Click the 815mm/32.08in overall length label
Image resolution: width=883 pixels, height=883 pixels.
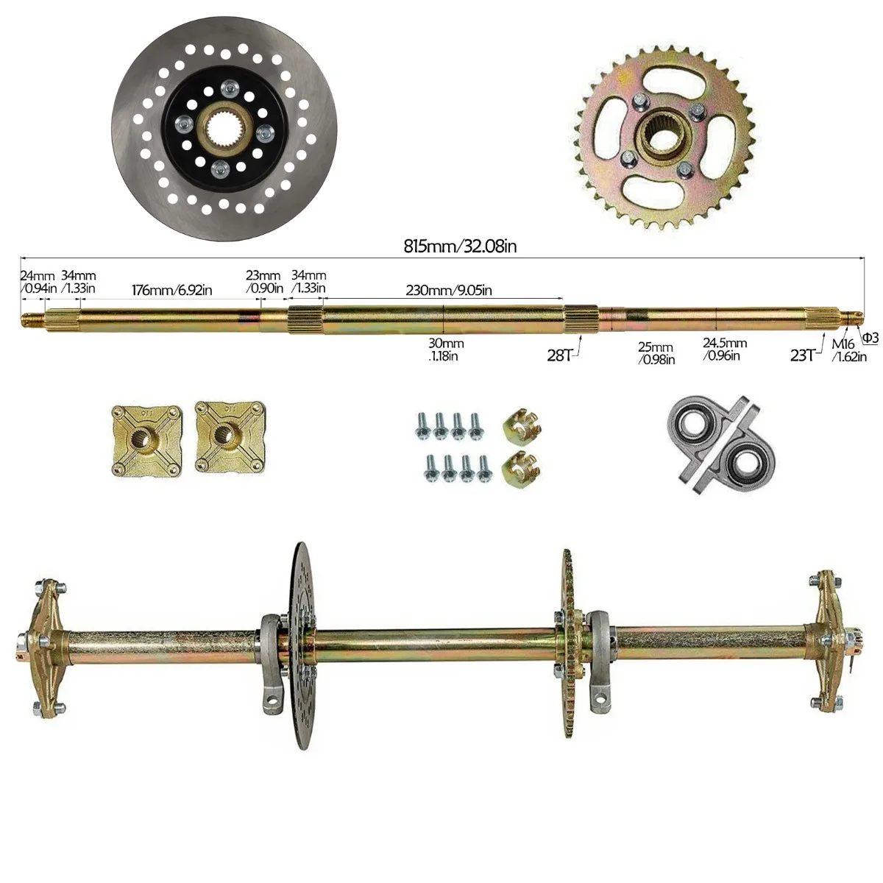pos(460,247)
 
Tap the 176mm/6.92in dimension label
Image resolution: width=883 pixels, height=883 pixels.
pos(172,289)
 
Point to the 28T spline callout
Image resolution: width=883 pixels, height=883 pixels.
pos(560,355)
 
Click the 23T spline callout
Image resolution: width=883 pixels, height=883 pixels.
pos(803,355)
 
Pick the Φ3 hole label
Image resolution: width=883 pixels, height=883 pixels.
pos(870,338)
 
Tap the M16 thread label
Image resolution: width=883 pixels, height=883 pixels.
pos(843,344)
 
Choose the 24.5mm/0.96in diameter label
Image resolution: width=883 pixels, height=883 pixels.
pos(724,349)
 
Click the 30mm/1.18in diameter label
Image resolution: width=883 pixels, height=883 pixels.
pos(445,349)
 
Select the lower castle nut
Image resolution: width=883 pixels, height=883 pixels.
pos(518,467)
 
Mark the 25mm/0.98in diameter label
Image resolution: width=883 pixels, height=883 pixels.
pos(657,353)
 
